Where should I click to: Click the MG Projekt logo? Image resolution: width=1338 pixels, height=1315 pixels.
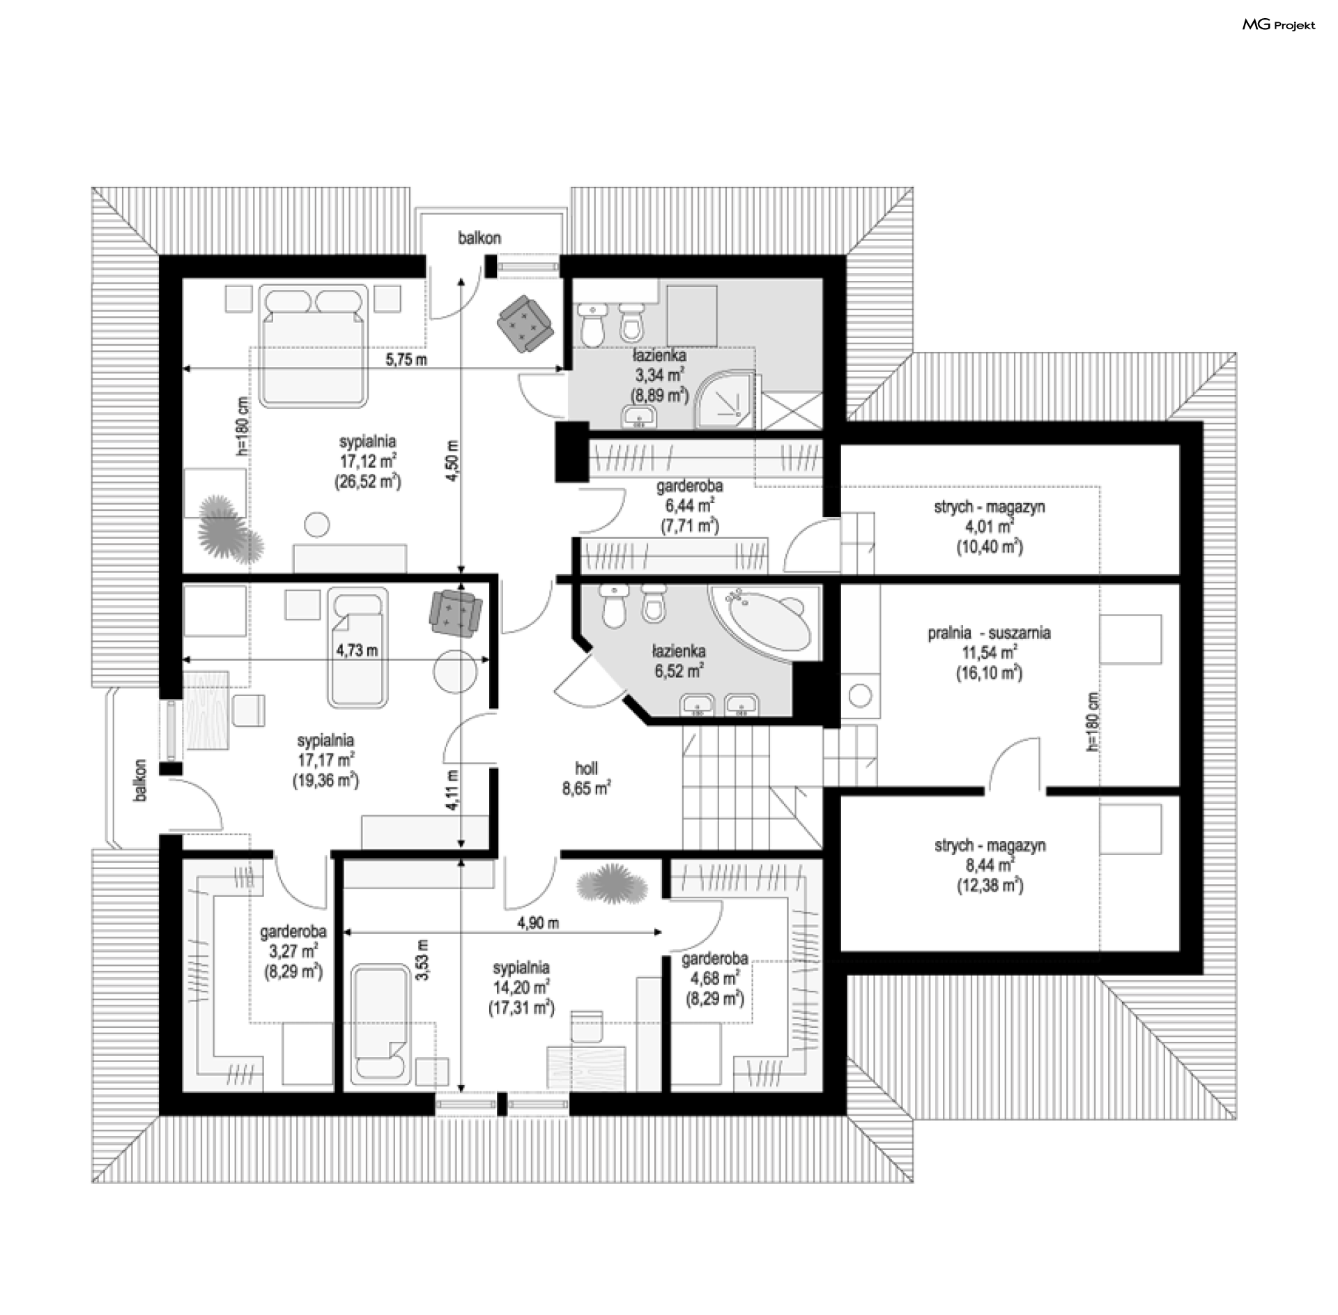point(1279,25)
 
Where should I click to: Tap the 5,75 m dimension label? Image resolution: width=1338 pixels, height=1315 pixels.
point(406,360)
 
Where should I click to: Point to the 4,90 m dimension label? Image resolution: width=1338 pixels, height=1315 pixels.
point(538,923)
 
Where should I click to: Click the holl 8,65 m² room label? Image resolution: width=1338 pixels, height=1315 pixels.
point(587,778)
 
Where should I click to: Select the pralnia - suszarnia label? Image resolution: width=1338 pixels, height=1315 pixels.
point(989,633)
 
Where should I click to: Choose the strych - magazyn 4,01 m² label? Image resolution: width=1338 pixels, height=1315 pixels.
point(990,527)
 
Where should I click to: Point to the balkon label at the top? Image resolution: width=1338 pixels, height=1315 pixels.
point(479,238)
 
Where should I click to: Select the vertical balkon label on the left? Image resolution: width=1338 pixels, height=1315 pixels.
point(141,780)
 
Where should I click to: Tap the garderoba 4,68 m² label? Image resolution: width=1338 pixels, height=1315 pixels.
point(715,979)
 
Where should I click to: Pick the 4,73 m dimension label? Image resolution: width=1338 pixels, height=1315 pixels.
point(357,650)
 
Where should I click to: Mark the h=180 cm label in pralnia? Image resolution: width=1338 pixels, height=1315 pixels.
point(1092,721)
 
